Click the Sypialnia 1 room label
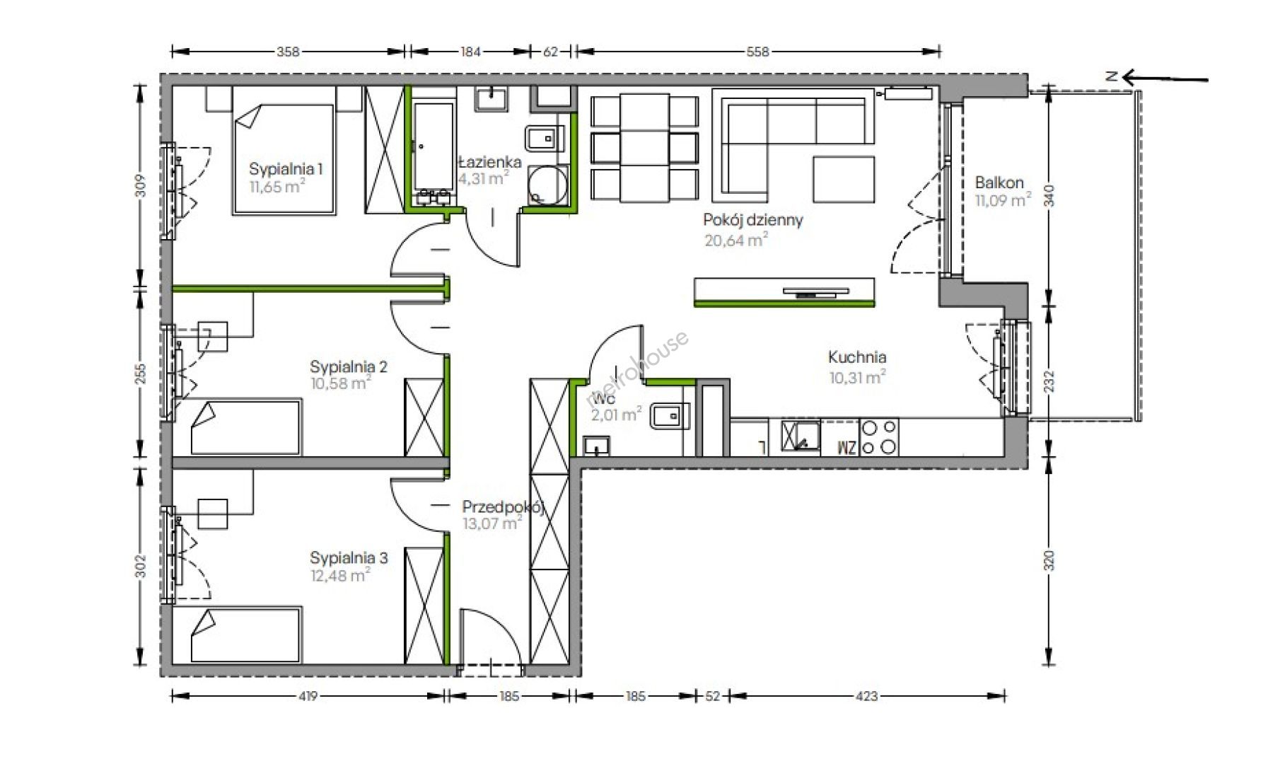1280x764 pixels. click(x=286, y=169)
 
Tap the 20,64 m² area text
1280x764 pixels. click(x=736, y=240)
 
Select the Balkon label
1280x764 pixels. click(x=999, y=183)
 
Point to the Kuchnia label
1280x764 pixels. click(x=857, y=357)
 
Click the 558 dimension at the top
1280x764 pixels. click(x=757, y=51)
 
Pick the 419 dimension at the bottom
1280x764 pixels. click(x=308, y=696)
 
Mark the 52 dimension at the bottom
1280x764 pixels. click(x=712, y=696)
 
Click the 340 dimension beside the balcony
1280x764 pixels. click(x=1049, y=195)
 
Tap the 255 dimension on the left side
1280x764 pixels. click(x=140, y=374)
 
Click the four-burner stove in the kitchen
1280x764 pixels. click(x=878, y=437)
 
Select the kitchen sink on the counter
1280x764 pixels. click(x=801, y=436)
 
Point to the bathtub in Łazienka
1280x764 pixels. click(x=434, y=147)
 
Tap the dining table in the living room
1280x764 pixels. click(x=645, y=147)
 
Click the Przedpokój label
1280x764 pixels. click(x=502, y=507)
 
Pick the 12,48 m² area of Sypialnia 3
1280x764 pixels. click(x=340, y=575)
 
